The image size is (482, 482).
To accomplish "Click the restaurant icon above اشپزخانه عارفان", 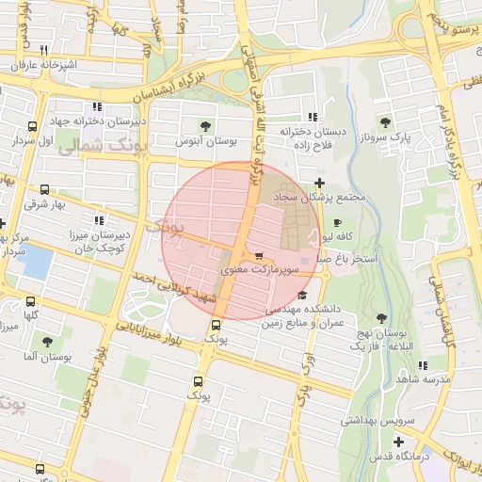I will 42,50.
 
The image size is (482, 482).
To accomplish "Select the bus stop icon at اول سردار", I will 33,126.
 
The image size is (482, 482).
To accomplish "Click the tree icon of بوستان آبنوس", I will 206,125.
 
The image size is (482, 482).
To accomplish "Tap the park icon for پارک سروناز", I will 384,121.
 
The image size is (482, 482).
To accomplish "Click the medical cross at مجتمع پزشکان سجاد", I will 320,183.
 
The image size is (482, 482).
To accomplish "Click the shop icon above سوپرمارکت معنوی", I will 259,255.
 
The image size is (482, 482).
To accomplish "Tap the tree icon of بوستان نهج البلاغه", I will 381,320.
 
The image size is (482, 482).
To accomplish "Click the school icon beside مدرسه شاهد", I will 422,364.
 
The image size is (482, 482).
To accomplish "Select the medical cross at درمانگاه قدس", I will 400,441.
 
